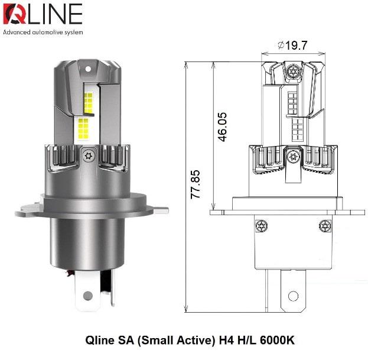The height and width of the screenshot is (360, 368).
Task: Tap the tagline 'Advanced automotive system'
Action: [43, 32]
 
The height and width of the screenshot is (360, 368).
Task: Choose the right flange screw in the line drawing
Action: [324, 225]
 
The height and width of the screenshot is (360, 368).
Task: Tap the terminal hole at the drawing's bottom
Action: [292, 296]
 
